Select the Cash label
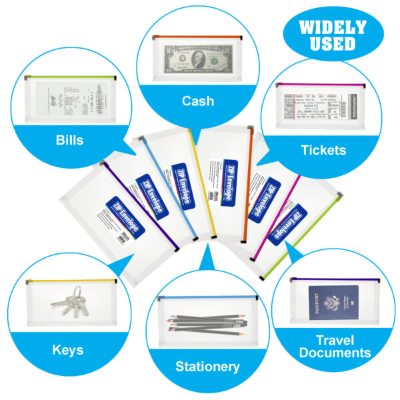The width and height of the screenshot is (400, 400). click(198, 101)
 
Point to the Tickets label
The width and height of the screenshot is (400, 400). click(323, 150)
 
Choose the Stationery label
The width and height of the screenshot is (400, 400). click(207, 366)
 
